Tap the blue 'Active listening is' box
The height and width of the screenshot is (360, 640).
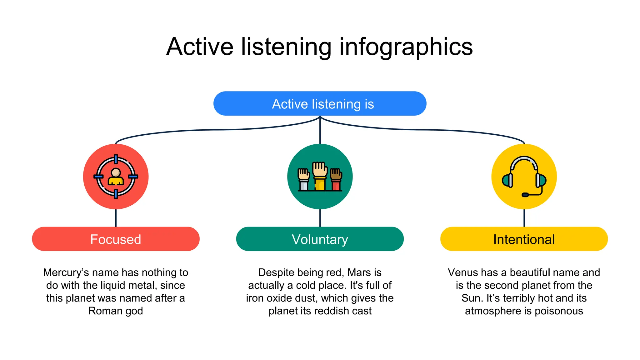pos(320,104)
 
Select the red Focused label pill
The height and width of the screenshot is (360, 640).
pos(116,239)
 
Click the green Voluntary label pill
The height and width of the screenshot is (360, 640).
pos(320,239)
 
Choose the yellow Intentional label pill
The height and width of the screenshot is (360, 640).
pos(524,239)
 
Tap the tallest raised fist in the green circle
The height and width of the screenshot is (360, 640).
pos(320,170)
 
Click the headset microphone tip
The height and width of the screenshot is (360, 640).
pos(525,195)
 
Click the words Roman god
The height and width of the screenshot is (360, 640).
pos(116,311)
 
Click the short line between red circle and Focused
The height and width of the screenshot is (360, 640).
pos(116,218)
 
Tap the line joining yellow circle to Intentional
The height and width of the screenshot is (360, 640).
pos(524,218)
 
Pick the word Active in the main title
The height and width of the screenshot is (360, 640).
pos(200,47)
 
